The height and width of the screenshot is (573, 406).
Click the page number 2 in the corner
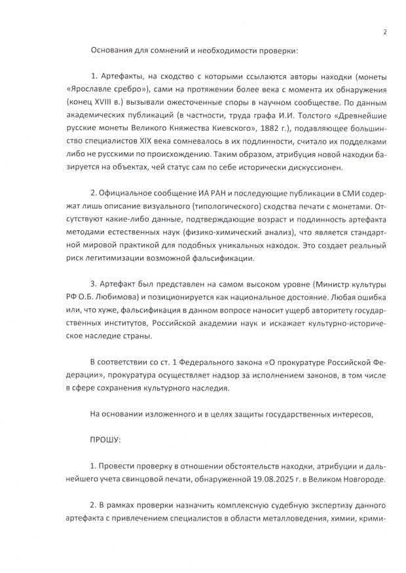coord(385,32)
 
